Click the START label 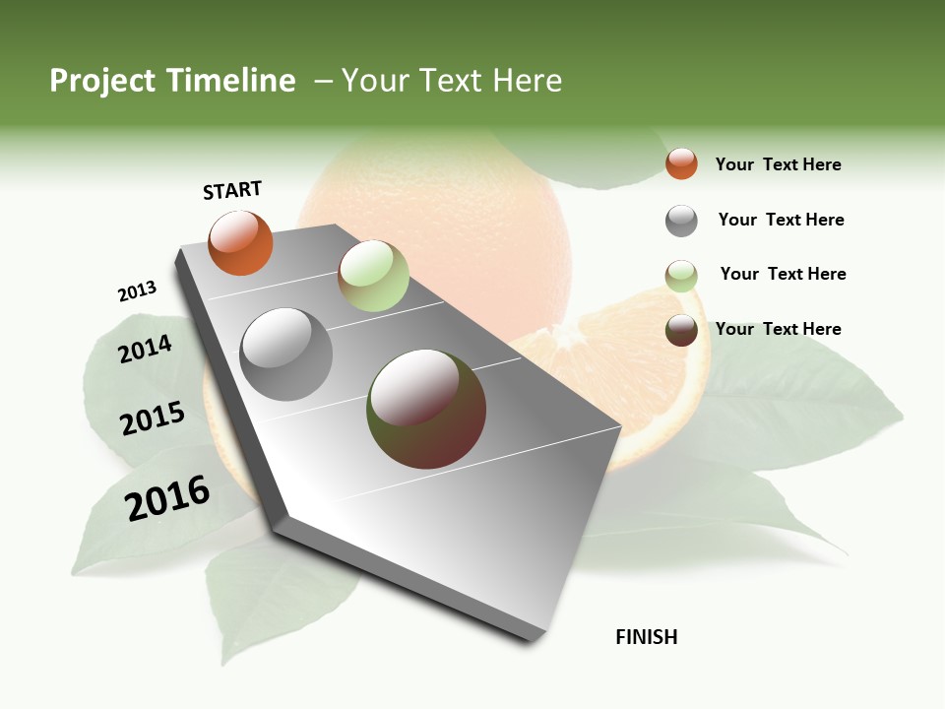[232, 190]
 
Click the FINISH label [647, 637]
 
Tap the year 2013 [137, 291]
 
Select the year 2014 [145, 349]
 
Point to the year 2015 [153, 419]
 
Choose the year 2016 [167, 498]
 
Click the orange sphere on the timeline [240, 243]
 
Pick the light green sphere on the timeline [373, 276]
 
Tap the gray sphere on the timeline [286, 354]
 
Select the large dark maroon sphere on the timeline [426, 409]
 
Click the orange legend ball [681, 164]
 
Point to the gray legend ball [681, 221]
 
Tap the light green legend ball [681, 276]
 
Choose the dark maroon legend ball [681, 330]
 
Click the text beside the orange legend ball [778, 164]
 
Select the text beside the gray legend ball [781, 220]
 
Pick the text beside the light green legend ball [783, 274]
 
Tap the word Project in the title [100, 81]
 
